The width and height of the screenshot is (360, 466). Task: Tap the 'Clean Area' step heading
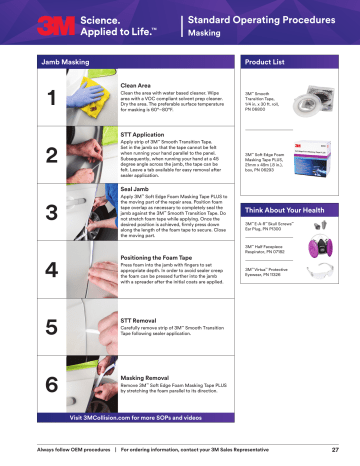tap(135, 87)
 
